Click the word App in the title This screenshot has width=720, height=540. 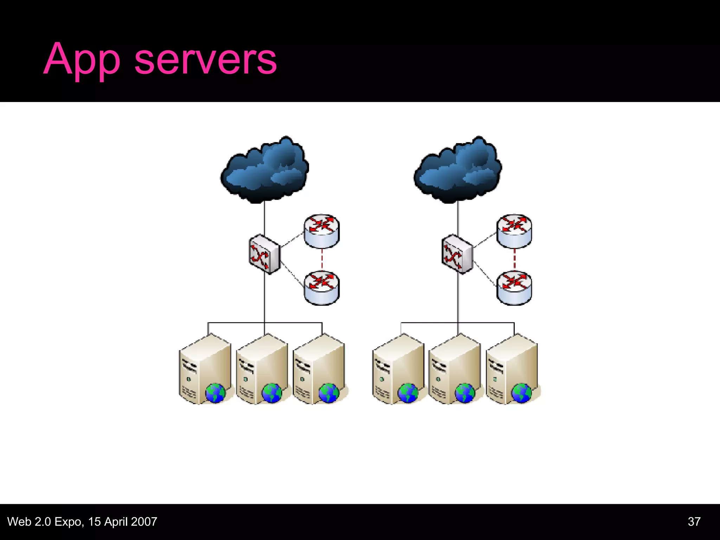tap(82, 60)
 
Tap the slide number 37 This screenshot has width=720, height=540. tap(694, 522)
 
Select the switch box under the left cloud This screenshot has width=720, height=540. tap(264, 254)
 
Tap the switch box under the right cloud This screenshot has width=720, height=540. tap(457, 254)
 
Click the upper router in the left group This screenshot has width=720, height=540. tap(322, 231)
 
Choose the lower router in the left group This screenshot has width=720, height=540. tap(322, 288)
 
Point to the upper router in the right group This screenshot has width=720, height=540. tap(514, 231)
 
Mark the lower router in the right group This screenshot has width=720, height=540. tap(514, 288)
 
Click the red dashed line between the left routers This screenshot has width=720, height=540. tap(322, 259)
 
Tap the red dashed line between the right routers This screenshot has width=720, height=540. tap(514, 259)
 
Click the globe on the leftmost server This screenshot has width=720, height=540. tap(215, 393)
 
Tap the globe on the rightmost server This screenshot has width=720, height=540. tap(522, 393)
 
